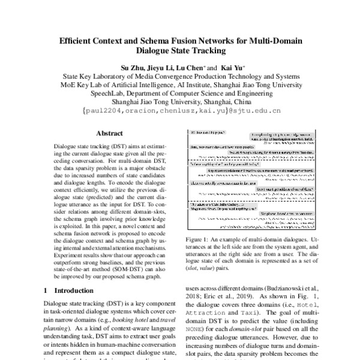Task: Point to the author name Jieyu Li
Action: pyautogui.click(x=161, y=67)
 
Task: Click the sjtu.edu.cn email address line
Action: pyautogui.click(x=181, y=112)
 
